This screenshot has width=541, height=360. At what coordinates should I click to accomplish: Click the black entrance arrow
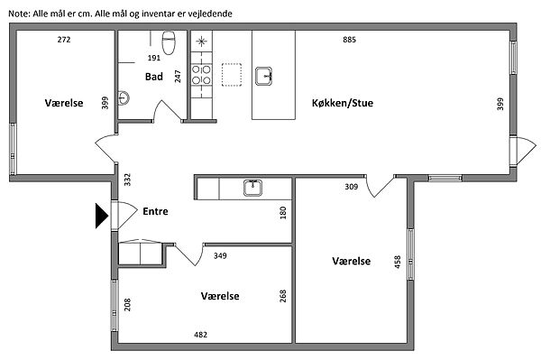coord(101,216)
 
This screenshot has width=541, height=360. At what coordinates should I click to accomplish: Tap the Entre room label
coord(155,211)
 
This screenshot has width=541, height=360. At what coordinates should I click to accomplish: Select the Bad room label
coord(154,77)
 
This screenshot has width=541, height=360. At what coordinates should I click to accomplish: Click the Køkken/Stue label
coord(343,103)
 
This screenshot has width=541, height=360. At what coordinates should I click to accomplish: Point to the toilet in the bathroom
coord(169,42)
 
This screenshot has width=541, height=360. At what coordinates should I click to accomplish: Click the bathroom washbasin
coord(124,98)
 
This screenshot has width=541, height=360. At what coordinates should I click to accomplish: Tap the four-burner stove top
coord(201,75)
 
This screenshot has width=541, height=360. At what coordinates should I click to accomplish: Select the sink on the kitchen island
coord(263,77)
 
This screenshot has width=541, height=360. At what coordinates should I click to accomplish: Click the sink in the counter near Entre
coord(252,188)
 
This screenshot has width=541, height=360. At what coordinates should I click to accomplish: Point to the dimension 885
coord(349,40)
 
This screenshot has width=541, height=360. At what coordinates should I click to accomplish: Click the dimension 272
coord(64,40)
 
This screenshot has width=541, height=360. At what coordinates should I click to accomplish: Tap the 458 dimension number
coord(398,262)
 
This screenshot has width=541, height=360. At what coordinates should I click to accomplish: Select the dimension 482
coord(200,335)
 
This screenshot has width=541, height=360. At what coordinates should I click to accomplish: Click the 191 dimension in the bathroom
coord(154,58)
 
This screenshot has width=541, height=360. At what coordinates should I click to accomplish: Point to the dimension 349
coord(220,255)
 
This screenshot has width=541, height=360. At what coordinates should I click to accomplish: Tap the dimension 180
coord(283,213)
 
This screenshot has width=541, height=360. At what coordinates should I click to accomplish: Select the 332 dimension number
coord(127,180)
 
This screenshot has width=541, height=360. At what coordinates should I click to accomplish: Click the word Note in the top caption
coord(19,14)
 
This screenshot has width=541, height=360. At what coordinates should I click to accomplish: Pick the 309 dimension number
coord(352,187)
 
